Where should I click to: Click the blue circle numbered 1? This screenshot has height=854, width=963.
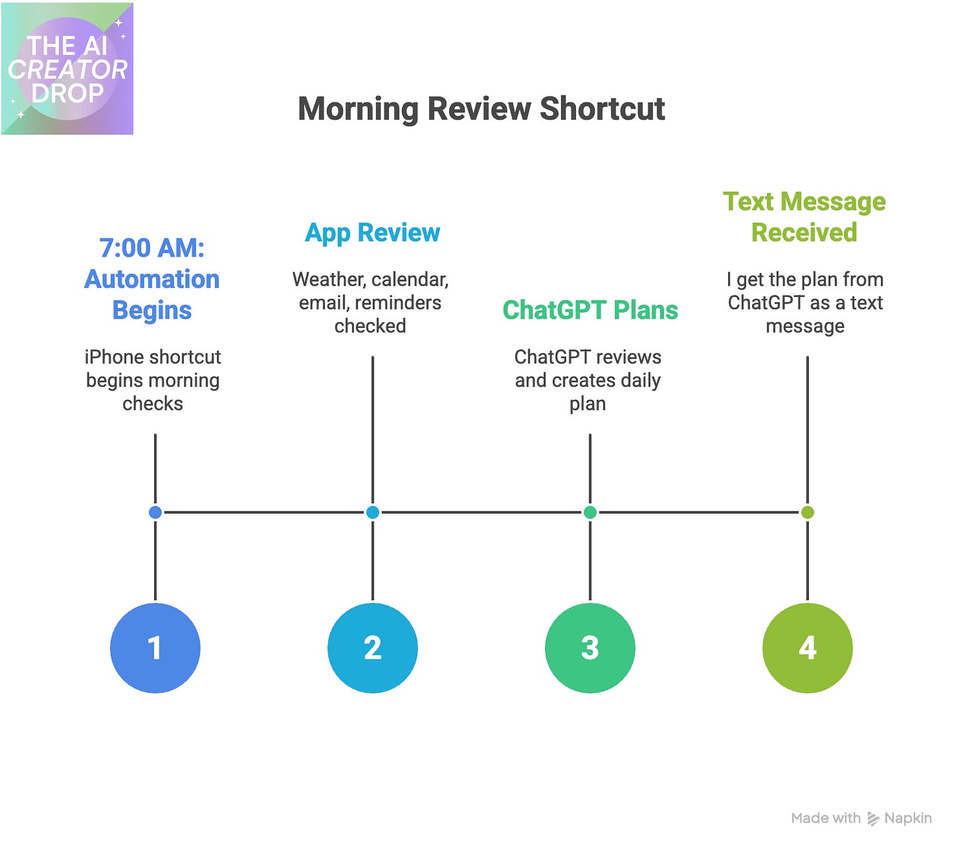point(155,648)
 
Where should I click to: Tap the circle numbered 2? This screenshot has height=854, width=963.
point(372,648)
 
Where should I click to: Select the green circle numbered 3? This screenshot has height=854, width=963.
point(590,648)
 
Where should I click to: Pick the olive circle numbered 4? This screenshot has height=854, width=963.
point(808,648)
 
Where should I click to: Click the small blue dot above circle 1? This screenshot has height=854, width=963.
point(155,512)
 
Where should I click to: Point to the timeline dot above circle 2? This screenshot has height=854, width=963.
point(372,512)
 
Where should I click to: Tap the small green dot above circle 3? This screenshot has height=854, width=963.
point(590,512)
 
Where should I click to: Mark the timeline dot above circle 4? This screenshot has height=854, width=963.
point(808,512)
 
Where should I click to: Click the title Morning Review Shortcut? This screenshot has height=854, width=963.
point(481,109)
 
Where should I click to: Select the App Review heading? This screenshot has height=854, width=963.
point(372,233)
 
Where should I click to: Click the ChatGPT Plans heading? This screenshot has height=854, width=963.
point(590,310)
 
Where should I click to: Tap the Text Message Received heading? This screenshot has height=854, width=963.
point(804,217)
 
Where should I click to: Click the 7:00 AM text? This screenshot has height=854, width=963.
point(151,248)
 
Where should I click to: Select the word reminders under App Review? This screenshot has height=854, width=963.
point(398,303)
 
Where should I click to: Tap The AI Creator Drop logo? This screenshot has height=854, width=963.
point(67,69)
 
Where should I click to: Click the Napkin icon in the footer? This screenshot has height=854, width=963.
point(873,819)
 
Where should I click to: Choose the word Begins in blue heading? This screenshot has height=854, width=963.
point(151,310)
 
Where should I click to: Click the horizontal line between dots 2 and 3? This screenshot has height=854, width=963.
point(481,512)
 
